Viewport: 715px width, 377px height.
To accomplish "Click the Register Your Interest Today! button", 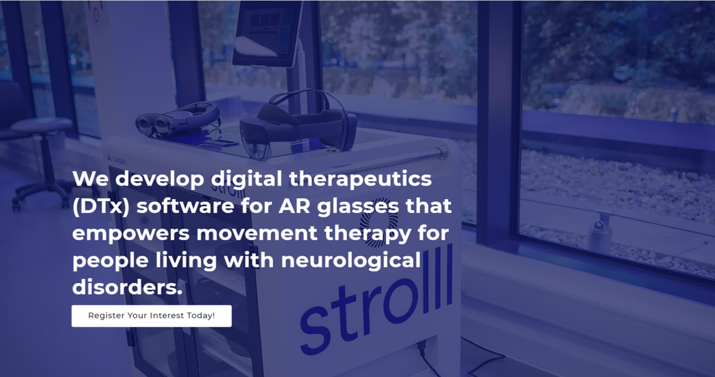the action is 152,316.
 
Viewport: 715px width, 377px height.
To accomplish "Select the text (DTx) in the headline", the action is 101,206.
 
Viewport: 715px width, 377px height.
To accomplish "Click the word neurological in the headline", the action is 351,261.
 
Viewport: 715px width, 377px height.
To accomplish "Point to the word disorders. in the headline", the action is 127,287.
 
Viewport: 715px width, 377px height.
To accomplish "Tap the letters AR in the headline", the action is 294,206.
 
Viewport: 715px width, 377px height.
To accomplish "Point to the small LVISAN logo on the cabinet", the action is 116,160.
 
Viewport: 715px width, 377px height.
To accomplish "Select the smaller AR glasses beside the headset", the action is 178,119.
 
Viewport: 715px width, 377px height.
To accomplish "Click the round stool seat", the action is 41,125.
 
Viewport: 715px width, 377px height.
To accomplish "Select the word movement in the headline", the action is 257,234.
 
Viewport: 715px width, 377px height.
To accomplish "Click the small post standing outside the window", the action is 600,233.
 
